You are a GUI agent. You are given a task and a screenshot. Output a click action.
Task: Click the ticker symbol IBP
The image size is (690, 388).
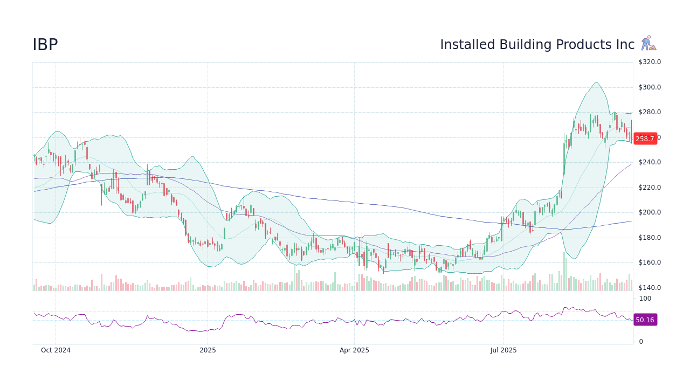pos(45,45)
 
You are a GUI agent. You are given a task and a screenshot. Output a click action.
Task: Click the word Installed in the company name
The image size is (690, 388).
pos(467,45)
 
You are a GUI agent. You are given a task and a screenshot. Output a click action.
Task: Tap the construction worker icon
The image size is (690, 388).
pos(648,44)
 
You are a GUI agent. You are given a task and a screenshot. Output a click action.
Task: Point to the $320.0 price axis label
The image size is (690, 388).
pos(650,62)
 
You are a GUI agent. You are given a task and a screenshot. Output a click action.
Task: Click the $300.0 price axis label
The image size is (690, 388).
pos(650,87)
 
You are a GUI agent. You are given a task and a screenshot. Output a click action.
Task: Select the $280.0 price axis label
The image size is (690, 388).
pos(650,112)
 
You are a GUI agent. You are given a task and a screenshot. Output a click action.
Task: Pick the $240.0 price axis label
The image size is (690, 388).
pos(650,162)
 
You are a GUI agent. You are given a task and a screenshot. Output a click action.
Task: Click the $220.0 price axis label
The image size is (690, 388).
pos(650,188)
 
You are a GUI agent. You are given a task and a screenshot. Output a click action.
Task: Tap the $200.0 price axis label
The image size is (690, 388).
pos(650,212)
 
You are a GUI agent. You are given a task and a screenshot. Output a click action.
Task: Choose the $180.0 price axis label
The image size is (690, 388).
pos(650,238)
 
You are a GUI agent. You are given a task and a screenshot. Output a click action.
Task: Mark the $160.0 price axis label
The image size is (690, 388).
pos(650,262)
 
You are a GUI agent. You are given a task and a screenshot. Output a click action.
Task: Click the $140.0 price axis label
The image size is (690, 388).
pos(650,288)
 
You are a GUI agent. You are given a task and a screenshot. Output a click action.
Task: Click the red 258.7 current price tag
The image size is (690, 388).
pos(645,138)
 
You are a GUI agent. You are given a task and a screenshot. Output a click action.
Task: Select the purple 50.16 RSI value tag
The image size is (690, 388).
pos(645,320)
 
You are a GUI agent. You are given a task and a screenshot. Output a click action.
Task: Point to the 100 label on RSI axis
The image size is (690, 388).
pos(645,299)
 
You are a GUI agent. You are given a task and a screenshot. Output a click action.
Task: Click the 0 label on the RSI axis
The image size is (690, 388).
pos(641,342)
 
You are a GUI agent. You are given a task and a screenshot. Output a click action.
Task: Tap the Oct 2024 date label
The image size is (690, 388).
pos(56,350)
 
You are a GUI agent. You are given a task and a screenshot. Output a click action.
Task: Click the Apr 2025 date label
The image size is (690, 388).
pos(354,350)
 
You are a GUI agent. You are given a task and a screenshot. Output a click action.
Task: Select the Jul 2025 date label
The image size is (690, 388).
pos(503,350)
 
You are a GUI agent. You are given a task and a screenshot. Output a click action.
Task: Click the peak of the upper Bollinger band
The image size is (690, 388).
pos(595,82)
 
